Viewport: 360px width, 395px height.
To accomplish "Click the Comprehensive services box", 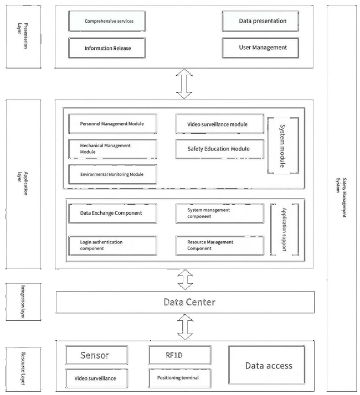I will pos(109,22).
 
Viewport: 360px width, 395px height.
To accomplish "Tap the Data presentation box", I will pos(263,21).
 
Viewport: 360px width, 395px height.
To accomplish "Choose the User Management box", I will pos(263,48).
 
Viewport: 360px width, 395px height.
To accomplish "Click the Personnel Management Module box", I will pos(112,124).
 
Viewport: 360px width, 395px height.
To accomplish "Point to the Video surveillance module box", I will pos(219,124).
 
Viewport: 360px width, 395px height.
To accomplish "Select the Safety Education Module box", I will pos(219,149).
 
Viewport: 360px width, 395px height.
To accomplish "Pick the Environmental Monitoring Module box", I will pos(112,174).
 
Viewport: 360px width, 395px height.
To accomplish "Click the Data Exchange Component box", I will pos(112,213).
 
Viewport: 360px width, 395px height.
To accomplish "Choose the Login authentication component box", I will pos(112,246).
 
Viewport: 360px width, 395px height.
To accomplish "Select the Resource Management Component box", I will pos(219,246).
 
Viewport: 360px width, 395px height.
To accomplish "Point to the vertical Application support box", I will pos(284,230).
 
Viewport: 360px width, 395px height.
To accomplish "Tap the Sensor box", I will pos(96,355).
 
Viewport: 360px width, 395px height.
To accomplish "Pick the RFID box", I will pos(180,355).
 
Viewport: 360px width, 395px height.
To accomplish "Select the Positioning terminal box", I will pos(180,378).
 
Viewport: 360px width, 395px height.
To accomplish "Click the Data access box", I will pos(269,366).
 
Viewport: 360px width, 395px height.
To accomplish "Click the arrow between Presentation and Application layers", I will pos(185,83).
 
